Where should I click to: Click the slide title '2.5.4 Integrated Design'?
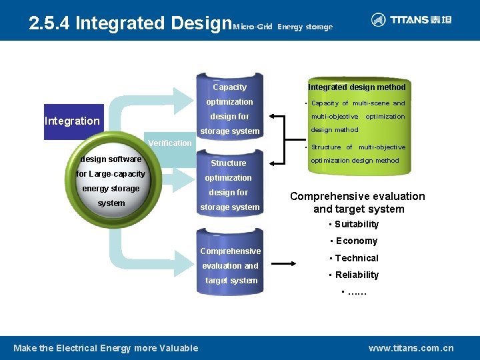coord(130,23)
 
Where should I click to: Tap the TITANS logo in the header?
coord(411,20)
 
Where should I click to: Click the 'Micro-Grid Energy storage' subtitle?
coord(283,27)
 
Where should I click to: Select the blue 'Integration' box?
coord(72,121)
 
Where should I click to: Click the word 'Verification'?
coord(169,143)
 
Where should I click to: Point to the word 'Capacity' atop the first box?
coord(229,87)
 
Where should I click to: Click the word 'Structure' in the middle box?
coord(229,163)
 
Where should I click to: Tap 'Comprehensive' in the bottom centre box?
coord(231,251)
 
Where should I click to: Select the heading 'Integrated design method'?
coord(357,87)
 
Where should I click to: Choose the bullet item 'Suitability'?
coord(356,225)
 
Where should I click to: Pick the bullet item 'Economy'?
coord(356,241)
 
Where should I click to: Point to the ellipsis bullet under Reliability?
coord(355,293)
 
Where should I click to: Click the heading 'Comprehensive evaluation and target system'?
coord(357,203)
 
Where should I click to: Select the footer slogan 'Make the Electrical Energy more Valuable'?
coord(106,348)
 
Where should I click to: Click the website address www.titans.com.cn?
coord(411,348)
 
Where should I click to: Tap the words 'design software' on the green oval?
coord(111,159)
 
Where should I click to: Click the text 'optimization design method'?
coord(355,161)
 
